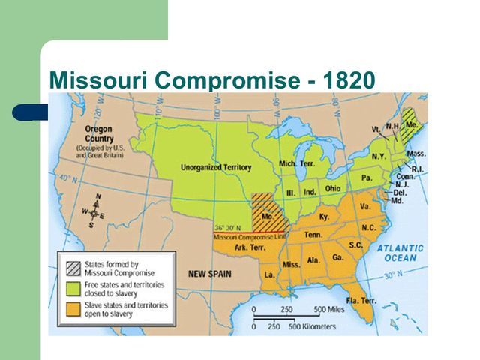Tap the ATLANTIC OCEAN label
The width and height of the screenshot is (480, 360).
coord(400,253)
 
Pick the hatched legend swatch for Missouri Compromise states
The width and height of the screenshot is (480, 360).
coord(73,267)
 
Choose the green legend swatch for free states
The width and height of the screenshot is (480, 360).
coord(73,288)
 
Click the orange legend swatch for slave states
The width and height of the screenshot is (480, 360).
coord(73,310)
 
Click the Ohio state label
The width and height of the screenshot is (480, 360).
coord(334,188)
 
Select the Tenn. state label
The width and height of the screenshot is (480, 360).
coord(313,235)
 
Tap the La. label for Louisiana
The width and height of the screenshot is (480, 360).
coord(268,275)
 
